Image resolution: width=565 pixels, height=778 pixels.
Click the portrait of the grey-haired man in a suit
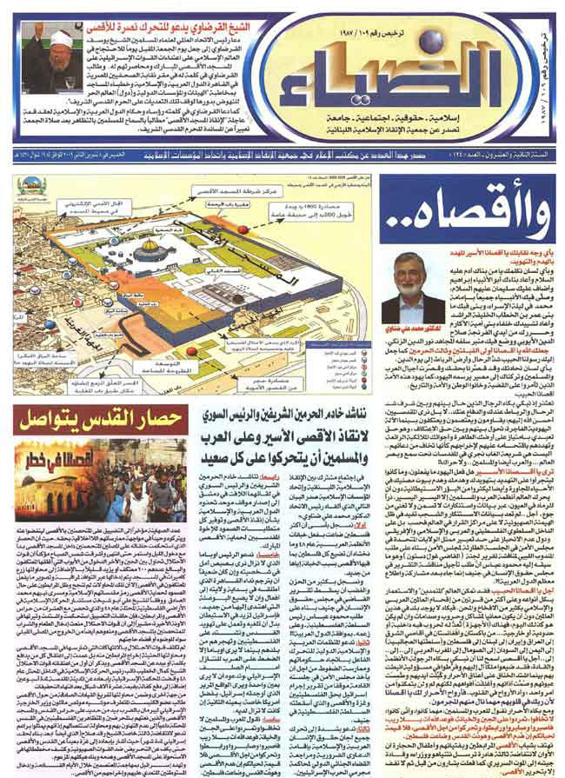[424, 286]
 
